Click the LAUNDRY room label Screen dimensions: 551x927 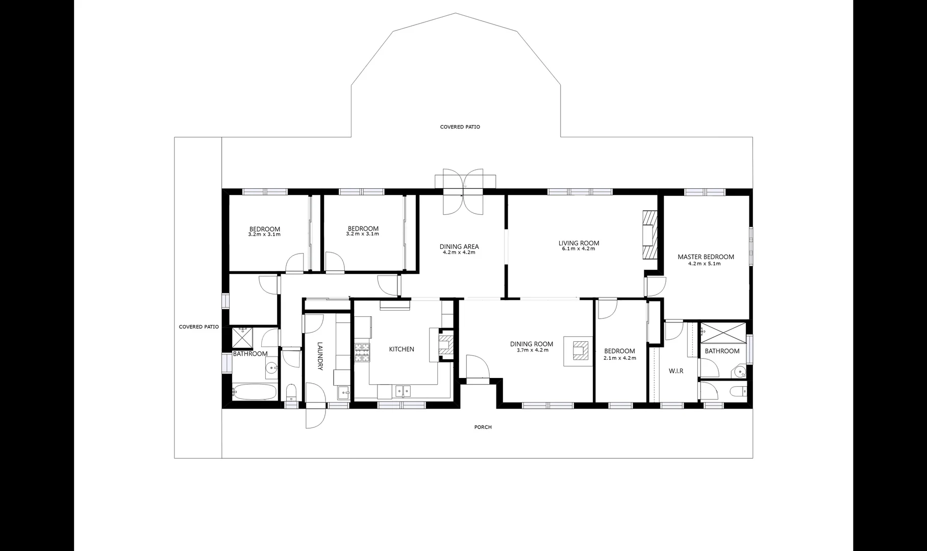tap(320, 356)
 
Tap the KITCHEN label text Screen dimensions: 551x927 tap(402, 349)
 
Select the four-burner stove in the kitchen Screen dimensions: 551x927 tap(362, 353)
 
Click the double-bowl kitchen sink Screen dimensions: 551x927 tap(404, 391)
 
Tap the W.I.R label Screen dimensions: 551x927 tap(676, 371)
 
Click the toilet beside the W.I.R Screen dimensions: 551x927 tap(738, 392)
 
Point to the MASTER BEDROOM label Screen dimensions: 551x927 tap(706, 257)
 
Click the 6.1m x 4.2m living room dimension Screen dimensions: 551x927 tap(579, 249)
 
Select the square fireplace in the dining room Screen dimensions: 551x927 tap(579, 351)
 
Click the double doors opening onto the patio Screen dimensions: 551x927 tap(463, 192)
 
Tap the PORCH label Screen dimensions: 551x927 tap(483, 427)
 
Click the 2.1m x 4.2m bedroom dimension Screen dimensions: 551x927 tap(619, 358)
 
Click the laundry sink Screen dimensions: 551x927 tap(344, 392)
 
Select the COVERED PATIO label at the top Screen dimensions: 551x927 tap(460, 127)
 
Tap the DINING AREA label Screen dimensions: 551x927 tap(459, 247)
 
